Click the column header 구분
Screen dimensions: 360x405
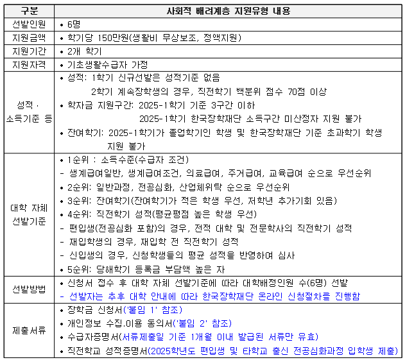point(28,11)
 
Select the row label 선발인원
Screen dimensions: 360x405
point(28,24)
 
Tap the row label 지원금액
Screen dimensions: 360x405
point(28,38)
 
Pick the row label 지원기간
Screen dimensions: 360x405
point(28,51)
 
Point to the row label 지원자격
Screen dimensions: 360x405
point(28,65)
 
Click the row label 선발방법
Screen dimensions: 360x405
point(28,289)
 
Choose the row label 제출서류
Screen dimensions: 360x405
point(28,330)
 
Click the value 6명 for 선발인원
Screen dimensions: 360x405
point(74,24)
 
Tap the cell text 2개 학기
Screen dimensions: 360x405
point(85,51)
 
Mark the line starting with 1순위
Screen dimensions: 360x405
point(125,160)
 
